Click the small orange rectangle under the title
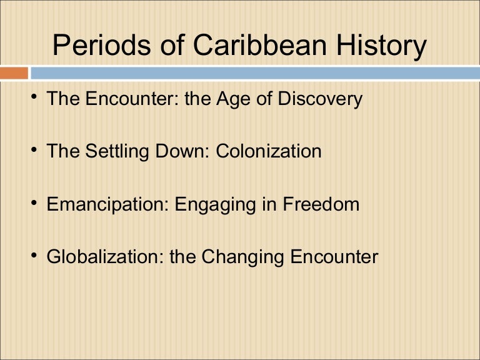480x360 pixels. [14, 73]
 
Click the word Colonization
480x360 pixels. [269, 151]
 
